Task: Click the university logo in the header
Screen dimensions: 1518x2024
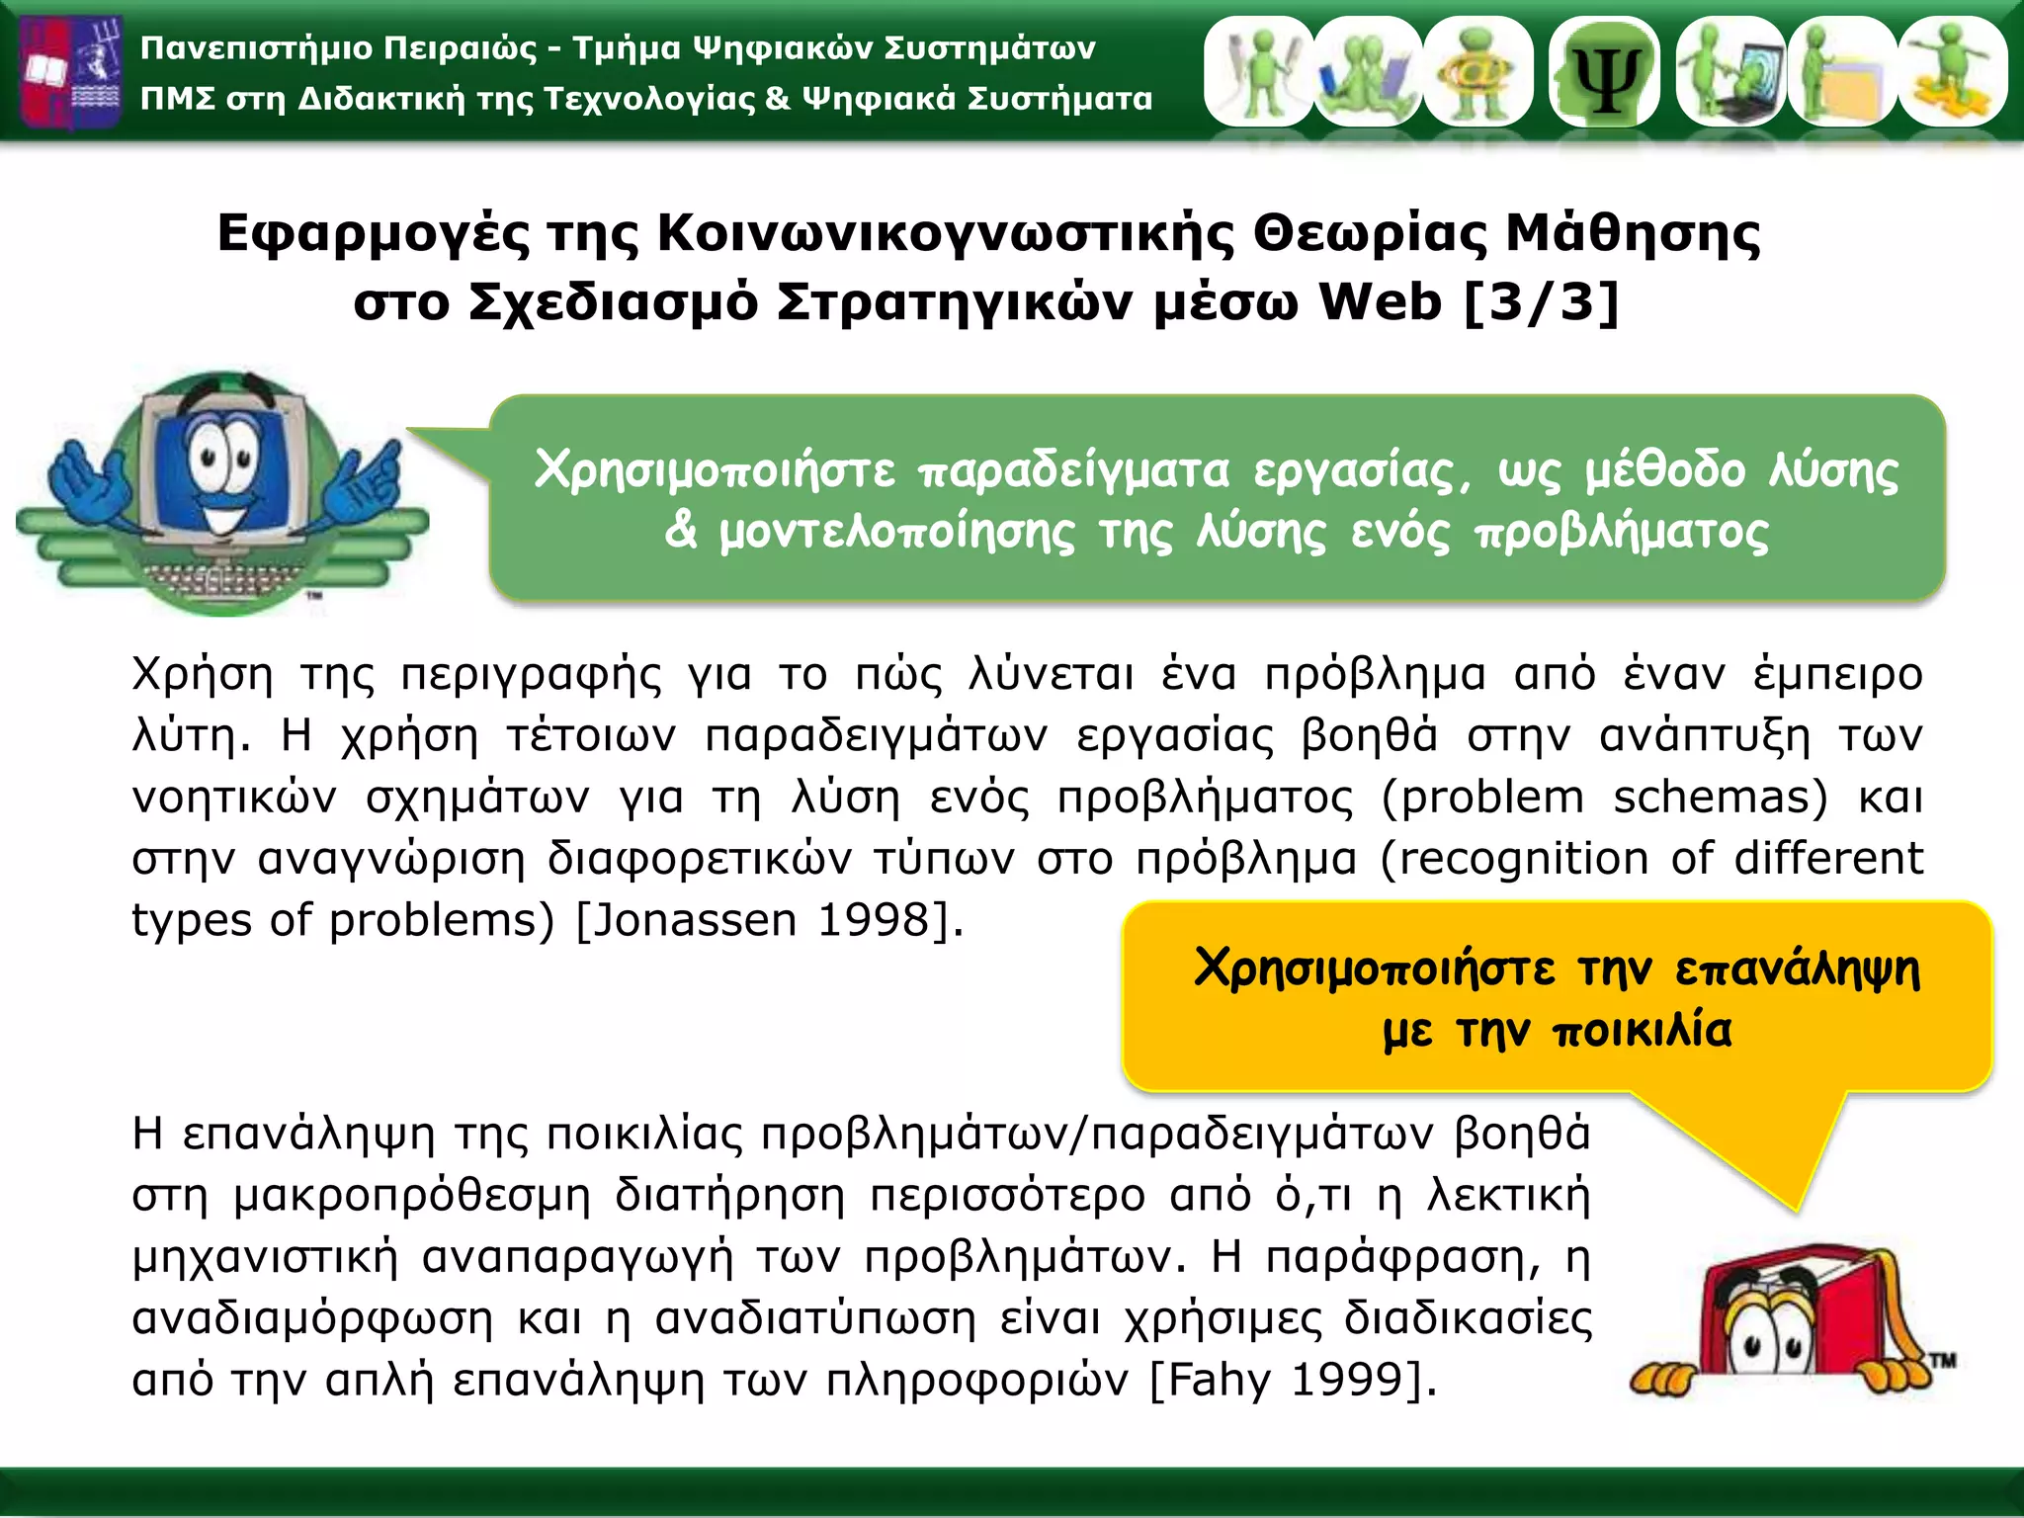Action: click(x=72, y=71)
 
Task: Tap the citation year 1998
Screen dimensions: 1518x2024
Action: click(x=875, y=920)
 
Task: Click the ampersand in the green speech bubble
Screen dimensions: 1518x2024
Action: click(x=681, y=531)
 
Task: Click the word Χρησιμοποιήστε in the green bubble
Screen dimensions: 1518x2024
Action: click(x=715, y=470)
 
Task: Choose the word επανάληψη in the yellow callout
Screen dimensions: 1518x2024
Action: click(x=1798, y=969)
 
